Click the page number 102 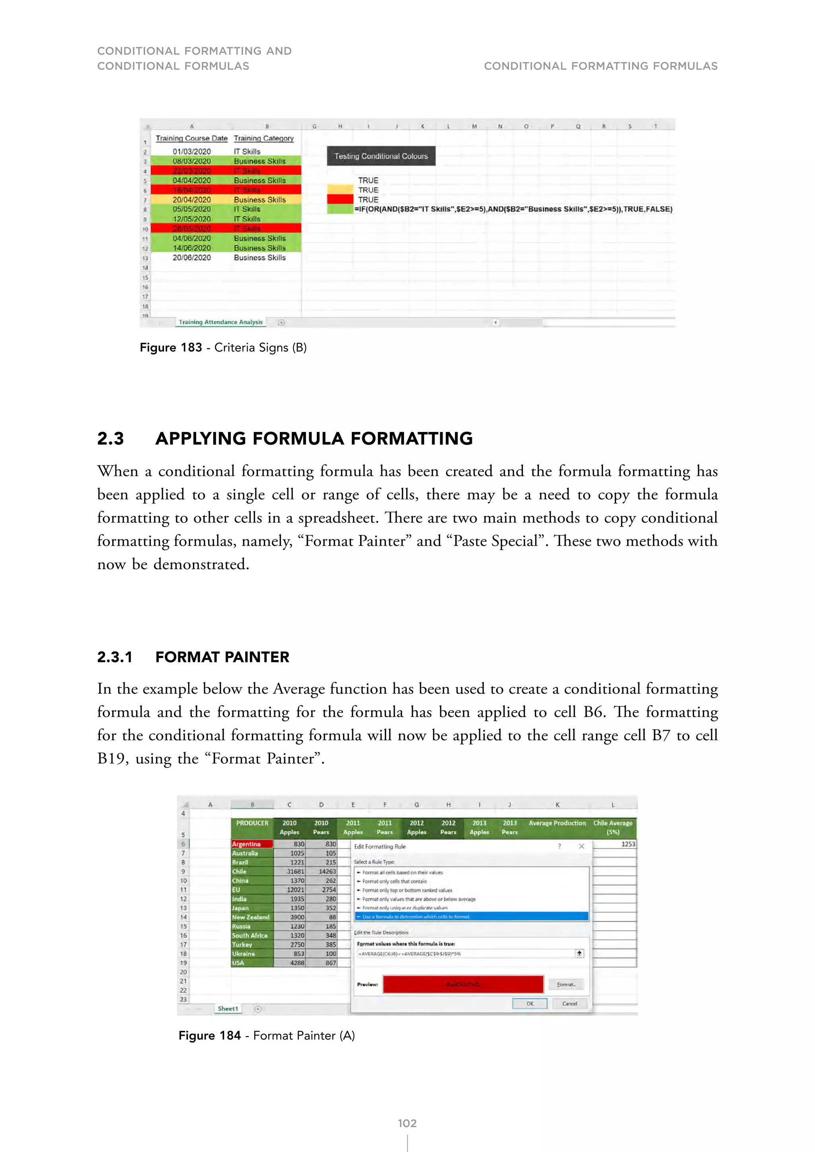tap(407, 1123)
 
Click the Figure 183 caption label tap(171, 348)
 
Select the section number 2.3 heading tap(110, 438)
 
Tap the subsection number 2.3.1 tap(115, 657)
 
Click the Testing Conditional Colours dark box tap(381, 156)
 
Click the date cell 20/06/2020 tap(192, 258)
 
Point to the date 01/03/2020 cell tap(192, 152)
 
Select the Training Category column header tap(263, 138)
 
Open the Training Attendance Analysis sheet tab tap(220, 322)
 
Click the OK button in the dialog tap(529, 1004)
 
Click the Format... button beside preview tap(565, 985)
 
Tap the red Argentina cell tap(252, 844)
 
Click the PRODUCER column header tap(252, 823)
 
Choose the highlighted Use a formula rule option tap(471, 917)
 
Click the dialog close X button tap(582, 846)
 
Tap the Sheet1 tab tap(228, 1008)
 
